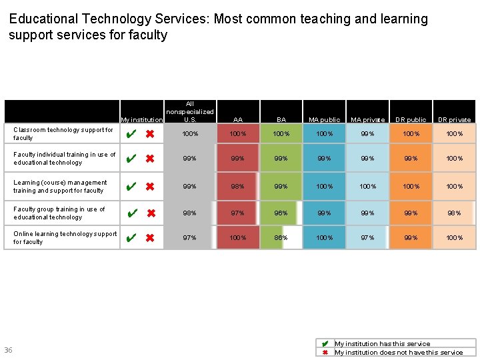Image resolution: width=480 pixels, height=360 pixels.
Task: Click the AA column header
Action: pos(238,120)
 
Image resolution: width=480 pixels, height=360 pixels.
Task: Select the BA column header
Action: pos(281,120)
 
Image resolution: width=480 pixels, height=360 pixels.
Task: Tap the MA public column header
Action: pos(324,120)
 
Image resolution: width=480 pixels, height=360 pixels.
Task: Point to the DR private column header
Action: pos(454,120)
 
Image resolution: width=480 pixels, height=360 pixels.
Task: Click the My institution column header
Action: pos(142,120)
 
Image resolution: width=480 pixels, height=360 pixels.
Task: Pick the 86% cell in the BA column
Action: pos(281,238)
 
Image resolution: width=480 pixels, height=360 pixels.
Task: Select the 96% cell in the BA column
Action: pos(281,213)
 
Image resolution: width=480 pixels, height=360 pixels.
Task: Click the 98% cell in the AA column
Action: pos(238,187)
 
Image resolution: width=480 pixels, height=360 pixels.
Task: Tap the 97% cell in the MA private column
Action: pos(368,238)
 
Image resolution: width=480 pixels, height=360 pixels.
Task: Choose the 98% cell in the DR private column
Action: pos(454,213)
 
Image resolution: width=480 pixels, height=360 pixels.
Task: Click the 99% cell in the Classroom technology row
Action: pos(368,134)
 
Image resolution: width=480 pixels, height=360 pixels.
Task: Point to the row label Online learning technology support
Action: pos(65,238)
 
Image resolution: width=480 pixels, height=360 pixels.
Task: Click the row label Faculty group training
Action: pos(59,213)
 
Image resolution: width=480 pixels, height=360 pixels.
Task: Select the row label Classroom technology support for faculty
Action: pos(63,134)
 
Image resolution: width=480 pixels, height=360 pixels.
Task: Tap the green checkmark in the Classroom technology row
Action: pos(131,134)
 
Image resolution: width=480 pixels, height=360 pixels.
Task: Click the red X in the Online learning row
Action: pos(150,238)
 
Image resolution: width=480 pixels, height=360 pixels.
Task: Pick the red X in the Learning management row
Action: pos(150,187)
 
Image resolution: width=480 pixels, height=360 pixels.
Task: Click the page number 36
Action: pos(8,351)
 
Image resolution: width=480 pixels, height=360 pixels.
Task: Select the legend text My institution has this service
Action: pos(382,344)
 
